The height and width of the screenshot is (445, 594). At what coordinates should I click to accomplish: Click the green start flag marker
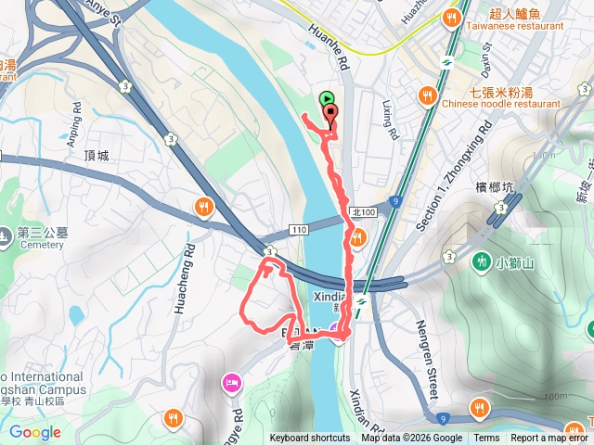(x=326, y=99)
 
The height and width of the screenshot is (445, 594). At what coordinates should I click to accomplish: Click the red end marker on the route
(x=331, y=115)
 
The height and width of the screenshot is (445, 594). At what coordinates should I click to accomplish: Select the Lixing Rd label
(x=390, y=121)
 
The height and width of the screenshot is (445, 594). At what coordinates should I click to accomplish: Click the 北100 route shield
(x=364, y=212)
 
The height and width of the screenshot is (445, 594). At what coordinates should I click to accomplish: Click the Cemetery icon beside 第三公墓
(x=7, y=235)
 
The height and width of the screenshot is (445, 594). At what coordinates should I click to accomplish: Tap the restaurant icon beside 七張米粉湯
(x=428, y=95)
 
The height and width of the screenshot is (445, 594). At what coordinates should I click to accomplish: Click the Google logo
(x=35, y=432)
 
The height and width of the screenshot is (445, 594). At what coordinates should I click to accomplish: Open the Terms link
(x=486, y=439)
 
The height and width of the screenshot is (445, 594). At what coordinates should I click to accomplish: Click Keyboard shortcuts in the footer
(x=310, y=439)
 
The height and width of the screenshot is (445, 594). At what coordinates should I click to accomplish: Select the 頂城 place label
(x=96, y=156)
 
